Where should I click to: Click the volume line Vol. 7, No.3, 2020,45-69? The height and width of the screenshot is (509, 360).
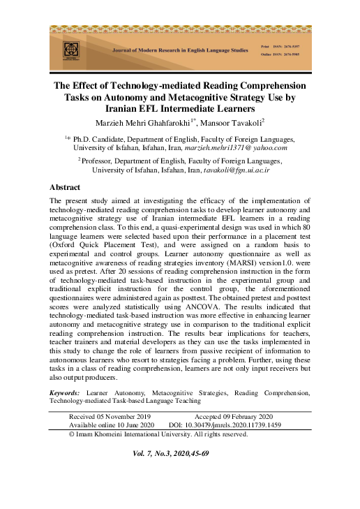click(x=171, y=453)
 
